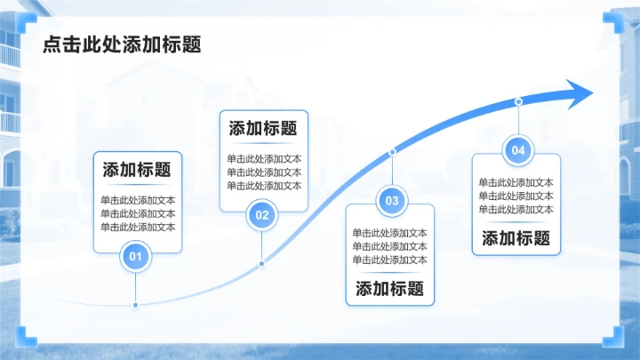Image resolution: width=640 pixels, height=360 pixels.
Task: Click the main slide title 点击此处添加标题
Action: [122, 44]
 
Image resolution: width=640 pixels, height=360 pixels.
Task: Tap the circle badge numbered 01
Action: [135, 256]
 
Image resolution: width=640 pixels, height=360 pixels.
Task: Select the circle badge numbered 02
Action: [262, 215]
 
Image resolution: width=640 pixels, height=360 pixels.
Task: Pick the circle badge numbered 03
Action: [392, 200]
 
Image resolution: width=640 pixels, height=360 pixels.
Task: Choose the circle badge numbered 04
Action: [518, 150]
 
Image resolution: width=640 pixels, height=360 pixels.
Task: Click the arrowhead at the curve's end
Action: [579, 94]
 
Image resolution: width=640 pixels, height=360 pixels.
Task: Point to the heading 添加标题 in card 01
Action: [137, 170]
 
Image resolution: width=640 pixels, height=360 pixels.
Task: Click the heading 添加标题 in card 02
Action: [263, 128]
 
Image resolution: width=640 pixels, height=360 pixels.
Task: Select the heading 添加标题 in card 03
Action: [390, 289]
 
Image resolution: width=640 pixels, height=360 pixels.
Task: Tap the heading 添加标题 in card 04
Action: [516, 238]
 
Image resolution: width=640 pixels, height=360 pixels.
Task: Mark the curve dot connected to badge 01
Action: [135, 305]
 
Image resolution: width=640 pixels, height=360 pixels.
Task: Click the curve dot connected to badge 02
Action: [261, 264]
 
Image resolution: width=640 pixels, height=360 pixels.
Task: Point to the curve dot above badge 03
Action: [392, 152]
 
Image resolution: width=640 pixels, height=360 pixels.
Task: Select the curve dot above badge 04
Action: [518, 101]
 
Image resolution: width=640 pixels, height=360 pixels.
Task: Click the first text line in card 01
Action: [138, 200]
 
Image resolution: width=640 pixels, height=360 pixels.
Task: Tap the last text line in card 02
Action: [264, 186]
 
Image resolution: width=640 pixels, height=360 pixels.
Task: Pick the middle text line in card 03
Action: [390, 246]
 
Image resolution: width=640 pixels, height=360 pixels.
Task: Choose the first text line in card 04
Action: [516, 182]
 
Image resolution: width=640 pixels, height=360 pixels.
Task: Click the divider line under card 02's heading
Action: [263, 143]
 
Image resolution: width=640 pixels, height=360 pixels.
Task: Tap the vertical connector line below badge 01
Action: [135, 287]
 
